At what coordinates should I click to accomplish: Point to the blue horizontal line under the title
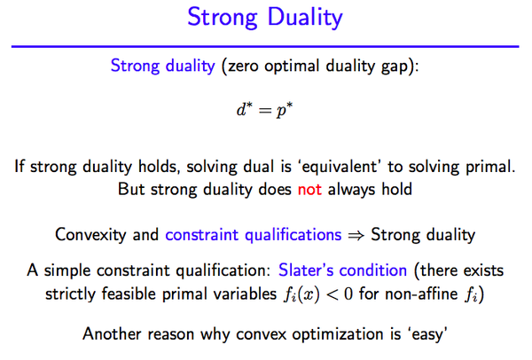266,45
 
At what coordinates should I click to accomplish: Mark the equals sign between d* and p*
265,114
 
